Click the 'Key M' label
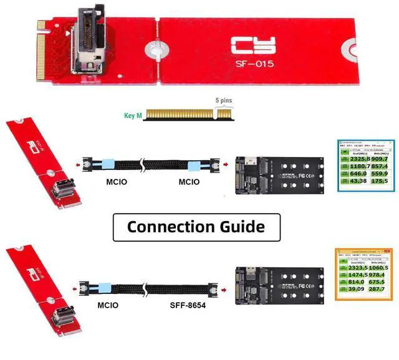[x=132, y=116]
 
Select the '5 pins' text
[x=224, y=100]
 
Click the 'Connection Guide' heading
[x=196, y=226]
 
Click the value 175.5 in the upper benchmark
[x=378, y=181]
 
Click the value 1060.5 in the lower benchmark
[x=378, y=267]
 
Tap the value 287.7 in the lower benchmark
[x=378, y=289]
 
